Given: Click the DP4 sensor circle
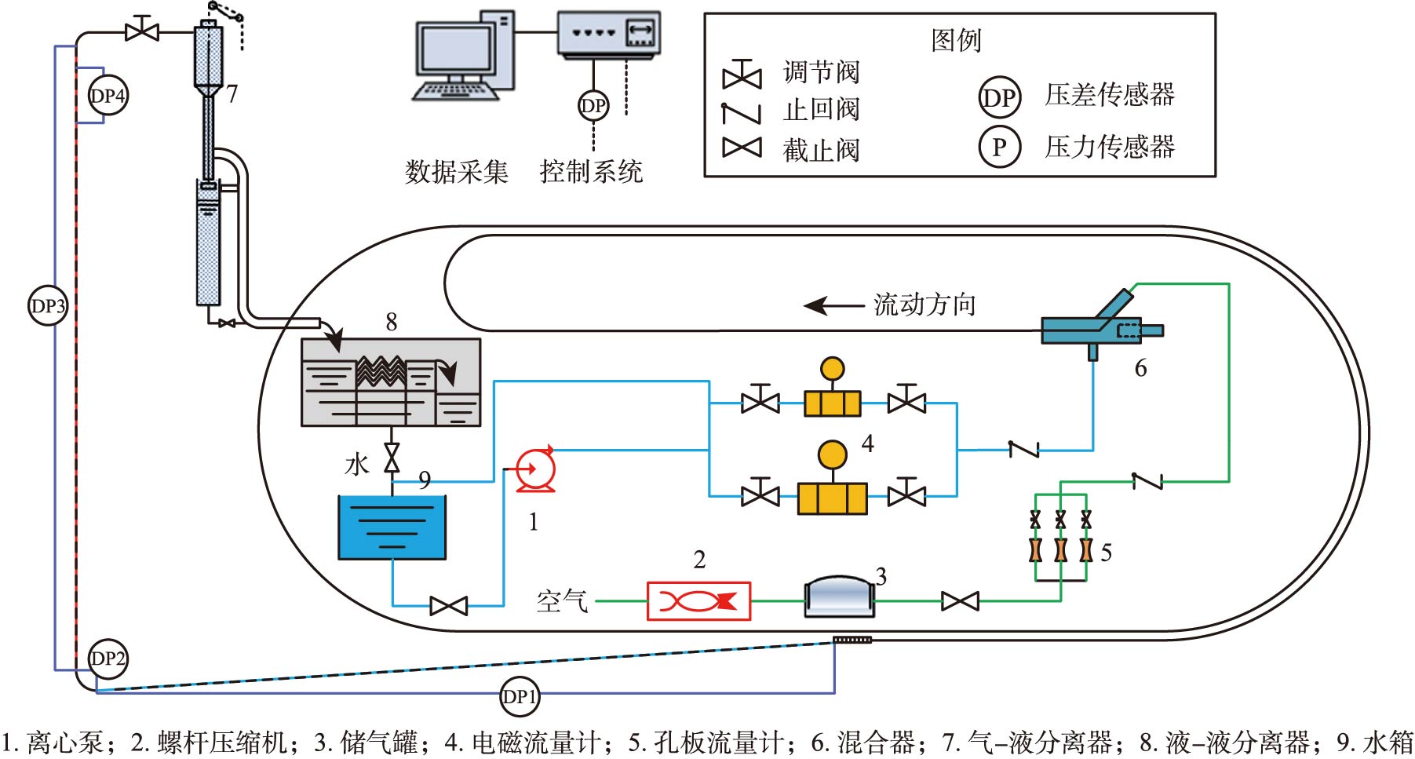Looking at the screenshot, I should [x=107, y=97].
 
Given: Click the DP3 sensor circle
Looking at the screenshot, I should [x=48, y=305].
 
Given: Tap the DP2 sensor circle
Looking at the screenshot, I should [x=108, y=658].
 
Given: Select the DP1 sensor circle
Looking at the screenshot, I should [x=519, y=696].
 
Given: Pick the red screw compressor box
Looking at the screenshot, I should [x=698, y=601].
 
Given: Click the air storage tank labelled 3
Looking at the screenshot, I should [x=840, y=597].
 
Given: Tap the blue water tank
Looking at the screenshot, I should [x=392, y=527].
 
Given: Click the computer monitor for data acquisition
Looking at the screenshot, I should [x=454, y=55].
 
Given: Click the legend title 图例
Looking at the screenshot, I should [x=956, y=40].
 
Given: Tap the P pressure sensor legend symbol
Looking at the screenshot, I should [x=999, y=147].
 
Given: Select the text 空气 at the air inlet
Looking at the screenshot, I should [x=562, y=601].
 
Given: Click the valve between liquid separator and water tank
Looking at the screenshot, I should [x=392, y=458].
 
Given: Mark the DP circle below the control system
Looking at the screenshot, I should [x=593, y=105].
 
